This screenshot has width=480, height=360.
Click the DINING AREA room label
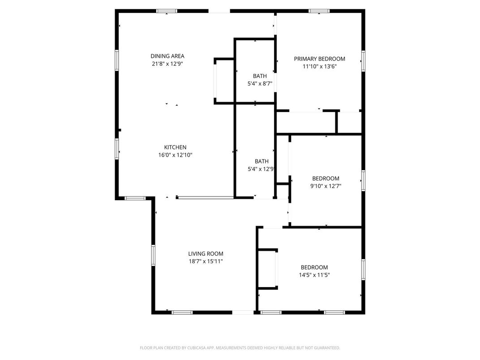coord(167,56)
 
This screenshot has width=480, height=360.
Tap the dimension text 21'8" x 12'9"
coord(167,64)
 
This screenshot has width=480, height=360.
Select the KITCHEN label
coord(175,147)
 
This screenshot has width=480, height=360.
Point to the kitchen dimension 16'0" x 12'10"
coord(175,155)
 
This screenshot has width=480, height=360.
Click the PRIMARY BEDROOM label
coord(319,59)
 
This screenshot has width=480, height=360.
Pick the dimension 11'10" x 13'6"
coord(319,67)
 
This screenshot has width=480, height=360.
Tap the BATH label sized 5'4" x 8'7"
coord(260,76)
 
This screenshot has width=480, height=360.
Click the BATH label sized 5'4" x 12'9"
coord(261,161)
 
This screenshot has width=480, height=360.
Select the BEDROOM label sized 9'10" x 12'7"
coord(326,178)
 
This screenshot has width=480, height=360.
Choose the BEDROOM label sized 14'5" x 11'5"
coord(314,267)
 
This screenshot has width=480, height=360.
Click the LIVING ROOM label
coord(206,253)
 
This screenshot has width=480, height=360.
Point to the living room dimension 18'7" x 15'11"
coord(206,261)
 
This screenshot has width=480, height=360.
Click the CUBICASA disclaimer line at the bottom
coord(240,348)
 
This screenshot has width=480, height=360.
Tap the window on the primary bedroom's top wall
coord(319,11)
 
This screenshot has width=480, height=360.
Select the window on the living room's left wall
coord(153,255)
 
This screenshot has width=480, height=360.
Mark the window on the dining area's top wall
coord(167,11)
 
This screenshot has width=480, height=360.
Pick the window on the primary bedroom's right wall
coord(363,61)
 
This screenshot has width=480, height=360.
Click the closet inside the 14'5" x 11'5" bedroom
coord(268,268)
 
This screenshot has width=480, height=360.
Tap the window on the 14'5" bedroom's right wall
coord(363,269)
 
